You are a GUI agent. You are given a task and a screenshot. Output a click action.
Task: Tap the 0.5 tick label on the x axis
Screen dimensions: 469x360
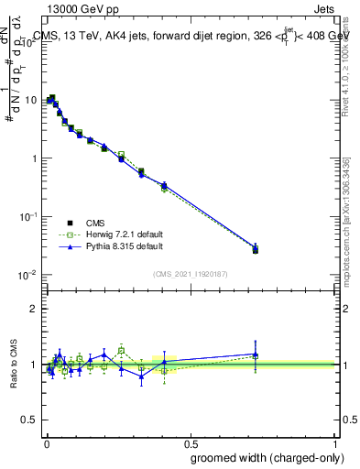[x=191, y=443]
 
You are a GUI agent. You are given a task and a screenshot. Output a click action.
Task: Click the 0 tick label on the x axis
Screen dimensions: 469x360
[x=47, y=443]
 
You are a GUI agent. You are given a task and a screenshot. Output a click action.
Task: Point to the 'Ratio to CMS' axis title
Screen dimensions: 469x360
[x=12, y=365]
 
